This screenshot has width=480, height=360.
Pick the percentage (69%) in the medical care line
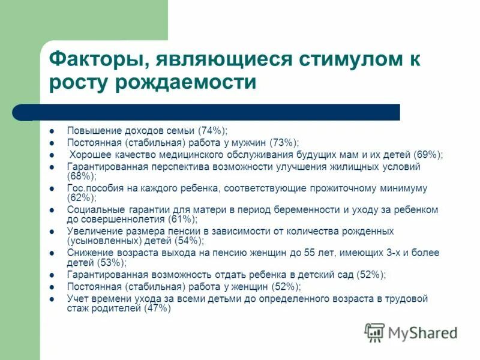pyautogui.click(x=427, y=154)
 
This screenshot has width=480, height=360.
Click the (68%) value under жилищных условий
pyautogui.click(x=81, y=176)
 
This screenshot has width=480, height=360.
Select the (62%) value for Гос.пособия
pyautogui.click(x=81, y=197)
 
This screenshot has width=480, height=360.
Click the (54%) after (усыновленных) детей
pyautogui.click(x=190, y=241)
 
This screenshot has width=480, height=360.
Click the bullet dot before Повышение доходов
pyautogui.click(x=52, y=131)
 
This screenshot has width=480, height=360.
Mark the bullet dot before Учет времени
pyautogui.click(x=52, y=298)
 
